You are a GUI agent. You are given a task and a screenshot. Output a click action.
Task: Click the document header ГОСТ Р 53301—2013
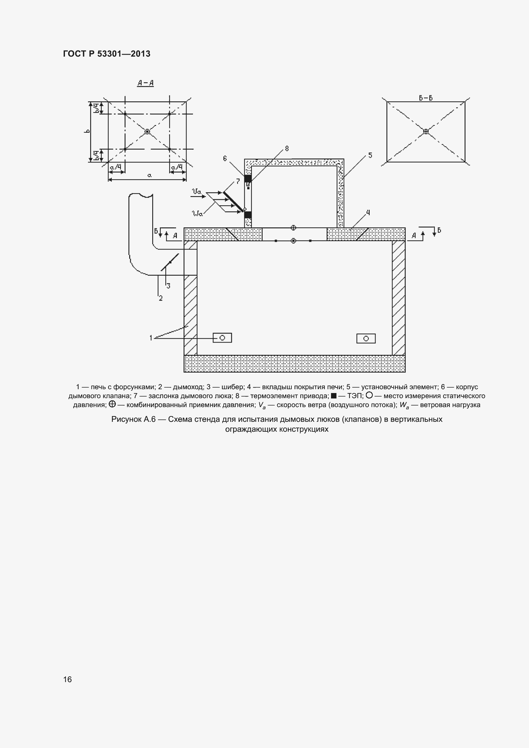[107, 54]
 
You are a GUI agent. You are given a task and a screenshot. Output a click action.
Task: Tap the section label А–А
[145, 83]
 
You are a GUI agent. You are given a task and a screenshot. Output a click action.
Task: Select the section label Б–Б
[426, 98]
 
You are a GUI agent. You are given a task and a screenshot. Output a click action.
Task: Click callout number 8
[287, 149]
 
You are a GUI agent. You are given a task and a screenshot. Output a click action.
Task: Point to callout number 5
[370, 155]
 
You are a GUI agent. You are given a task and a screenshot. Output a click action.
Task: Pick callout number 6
[225, 158]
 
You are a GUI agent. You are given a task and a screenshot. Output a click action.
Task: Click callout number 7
[238, 181]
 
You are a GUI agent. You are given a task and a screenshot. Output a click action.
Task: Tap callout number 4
[368, 213]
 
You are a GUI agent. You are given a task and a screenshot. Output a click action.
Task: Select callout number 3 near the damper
[168, 286]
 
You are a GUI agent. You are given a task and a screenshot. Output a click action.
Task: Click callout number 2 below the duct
[160, 298]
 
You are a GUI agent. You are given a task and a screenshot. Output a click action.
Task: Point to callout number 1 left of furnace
[151, 338]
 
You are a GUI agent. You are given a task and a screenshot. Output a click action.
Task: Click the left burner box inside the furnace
[222, 338]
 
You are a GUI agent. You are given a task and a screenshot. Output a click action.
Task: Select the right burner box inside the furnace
[366, 338]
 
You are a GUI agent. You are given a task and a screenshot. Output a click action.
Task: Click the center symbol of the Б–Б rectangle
[426, 131]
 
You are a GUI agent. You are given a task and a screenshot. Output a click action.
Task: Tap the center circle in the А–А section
[147, 131]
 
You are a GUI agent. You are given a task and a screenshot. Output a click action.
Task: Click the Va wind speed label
[197, 192]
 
